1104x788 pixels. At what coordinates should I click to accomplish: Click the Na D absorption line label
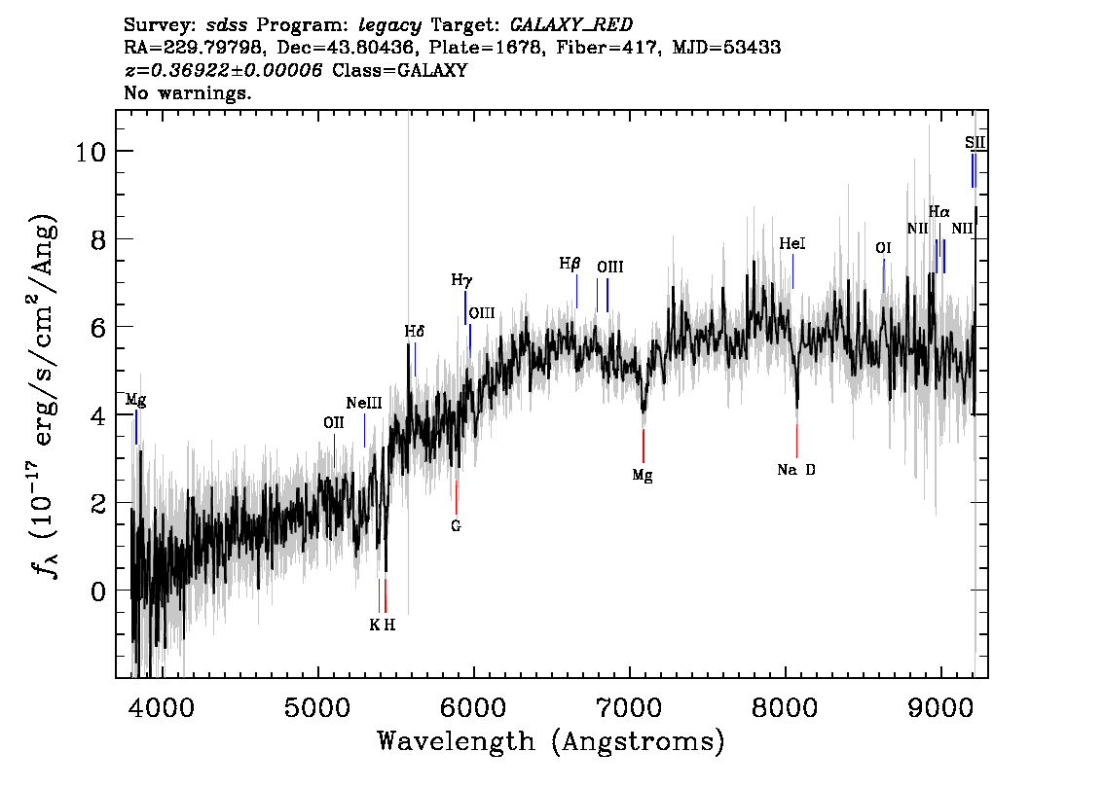[796, 470]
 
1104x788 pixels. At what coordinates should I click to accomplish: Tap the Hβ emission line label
[570, 264]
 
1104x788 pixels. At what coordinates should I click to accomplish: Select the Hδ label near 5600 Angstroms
[415, 332]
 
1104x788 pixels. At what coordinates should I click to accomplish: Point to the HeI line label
[792, 244]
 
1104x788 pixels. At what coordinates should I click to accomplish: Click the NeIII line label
[363, 404]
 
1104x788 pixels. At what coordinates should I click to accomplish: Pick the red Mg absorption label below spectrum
[642, 476]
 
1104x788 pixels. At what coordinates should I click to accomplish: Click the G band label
[455, 526]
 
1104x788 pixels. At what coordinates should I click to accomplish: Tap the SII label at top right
[975, 143]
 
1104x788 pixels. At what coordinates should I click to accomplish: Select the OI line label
[883, 249]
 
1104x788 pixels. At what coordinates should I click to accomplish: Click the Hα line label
[938, 211]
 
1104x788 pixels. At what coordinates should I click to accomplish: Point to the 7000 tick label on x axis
[630, 703]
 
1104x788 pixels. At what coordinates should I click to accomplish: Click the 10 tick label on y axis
[92, 152]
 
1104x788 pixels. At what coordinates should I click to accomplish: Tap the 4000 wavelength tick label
[163, 703]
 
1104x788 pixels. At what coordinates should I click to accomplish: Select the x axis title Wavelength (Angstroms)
[551, 741]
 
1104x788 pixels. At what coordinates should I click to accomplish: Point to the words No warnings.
[188, 93]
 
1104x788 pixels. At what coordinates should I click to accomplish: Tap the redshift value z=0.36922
[223, 70]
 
